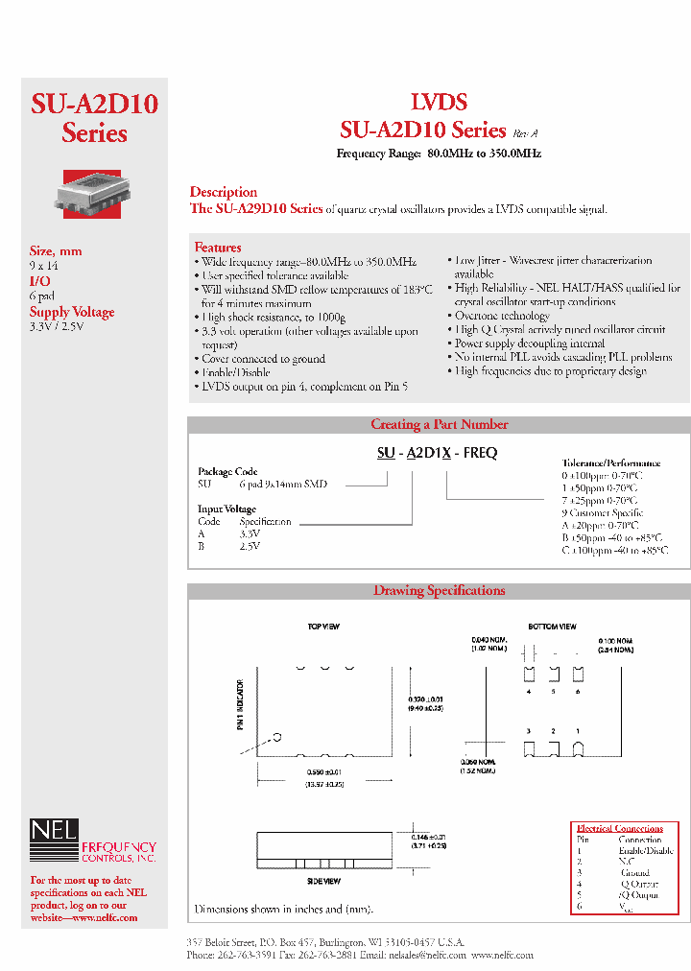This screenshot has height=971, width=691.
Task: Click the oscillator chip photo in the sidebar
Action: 94,190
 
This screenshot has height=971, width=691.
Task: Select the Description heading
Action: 223,192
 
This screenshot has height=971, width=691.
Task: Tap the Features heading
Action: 217,248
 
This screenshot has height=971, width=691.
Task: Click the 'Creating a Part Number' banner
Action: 439,424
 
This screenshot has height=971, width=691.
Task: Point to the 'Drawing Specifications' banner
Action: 439,591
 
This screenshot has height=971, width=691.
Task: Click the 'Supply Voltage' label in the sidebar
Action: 72,312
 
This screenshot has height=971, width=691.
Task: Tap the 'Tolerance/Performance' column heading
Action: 610,462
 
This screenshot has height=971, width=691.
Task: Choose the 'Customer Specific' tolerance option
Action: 606,513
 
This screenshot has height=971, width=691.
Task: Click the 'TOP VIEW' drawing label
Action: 323,627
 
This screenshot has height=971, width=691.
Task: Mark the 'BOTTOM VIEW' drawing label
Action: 552,627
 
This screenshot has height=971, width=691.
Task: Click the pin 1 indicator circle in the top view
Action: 277,737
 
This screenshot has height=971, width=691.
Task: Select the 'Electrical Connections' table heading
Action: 619,828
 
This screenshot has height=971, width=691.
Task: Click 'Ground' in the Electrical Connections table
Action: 634,873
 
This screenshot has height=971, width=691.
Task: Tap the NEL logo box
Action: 54,831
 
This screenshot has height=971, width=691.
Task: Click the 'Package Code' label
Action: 227,472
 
